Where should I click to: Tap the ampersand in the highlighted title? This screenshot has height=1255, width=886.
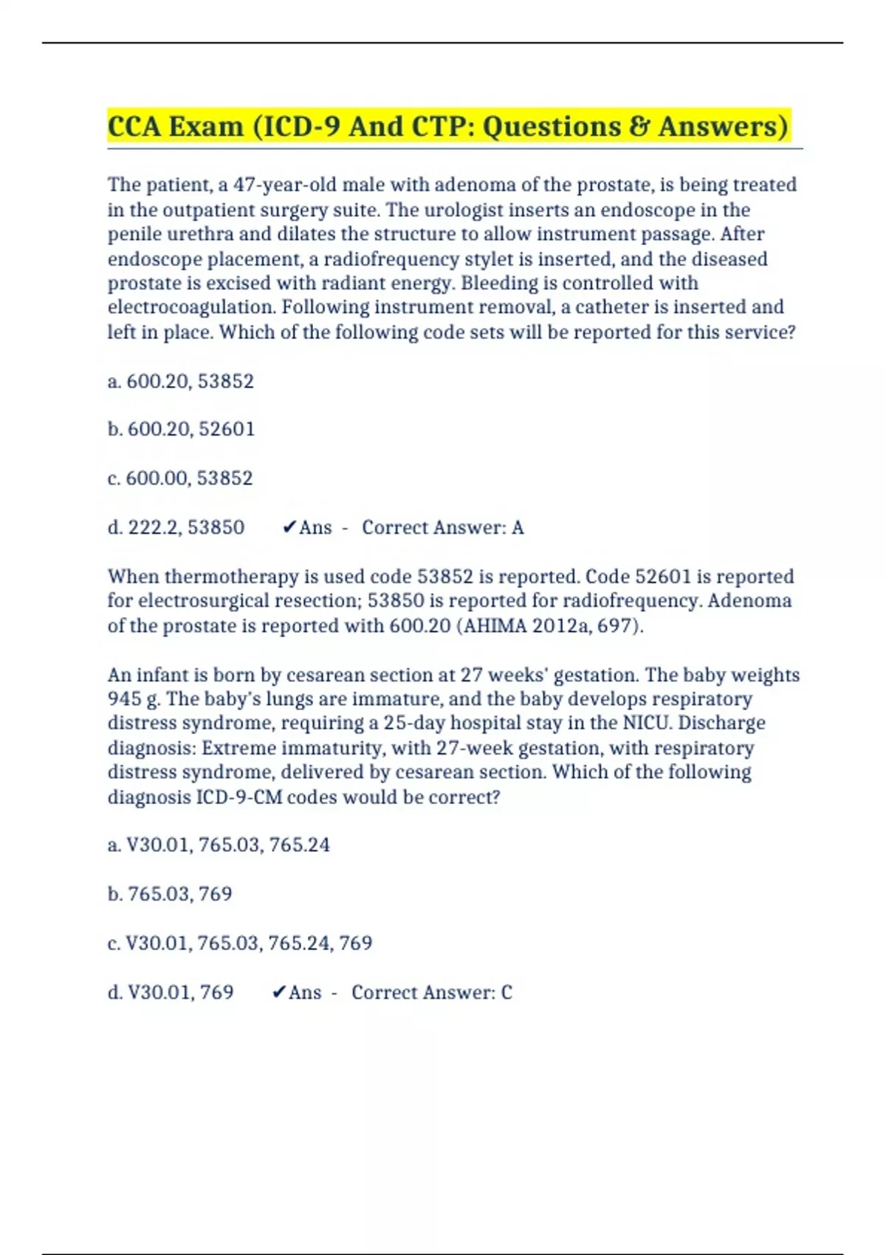click(639, 126)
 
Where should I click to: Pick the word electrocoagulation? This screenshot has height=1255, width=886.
click(191, 307)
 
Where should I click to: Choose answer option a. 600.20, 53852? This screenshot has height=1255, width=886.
click(181, 381)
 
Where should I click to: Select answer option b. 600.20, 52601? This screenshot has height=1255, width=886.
click(181, 429)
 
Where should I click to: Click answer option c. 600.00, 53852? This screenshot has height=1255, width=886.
click(180, 478)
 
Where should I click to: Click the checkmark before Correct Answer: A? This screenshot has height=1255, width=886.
click(289, 527)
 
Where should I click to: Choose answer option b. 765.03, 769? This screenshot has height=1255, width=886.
click(170, 894)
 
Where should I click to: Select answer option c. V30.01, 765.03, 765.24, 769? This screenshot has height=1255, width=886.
click(240, 943)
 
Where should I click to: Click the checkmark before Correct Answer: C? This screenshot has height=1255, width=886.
click(278, 992)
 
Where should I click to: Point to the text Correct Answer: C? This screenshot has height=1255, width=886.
click(431, 992)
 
